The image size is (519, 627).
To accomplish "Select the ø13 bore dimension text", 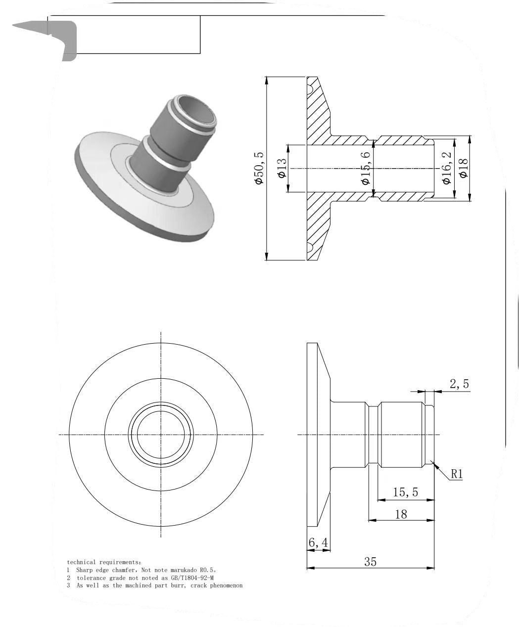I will [282, 169].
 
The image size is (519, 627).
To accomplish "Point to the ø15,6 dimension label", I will [366, 169].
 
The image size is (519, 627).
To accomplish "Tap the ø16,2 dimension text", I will [447, 168].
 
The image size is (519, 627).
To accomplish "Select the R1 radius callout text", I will [456, 474].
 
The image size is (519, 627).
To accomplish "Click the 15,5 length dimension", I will [405, 493].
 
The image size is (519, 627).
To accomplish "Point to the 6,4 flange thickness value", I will [318, 543].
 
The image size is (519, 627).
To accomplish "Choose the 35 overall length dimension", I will [370, 562].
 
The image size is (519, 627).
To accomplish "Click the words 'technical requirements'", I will [103, 563].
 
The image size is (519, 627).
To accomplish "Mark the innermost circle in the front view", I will [161, 435].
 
